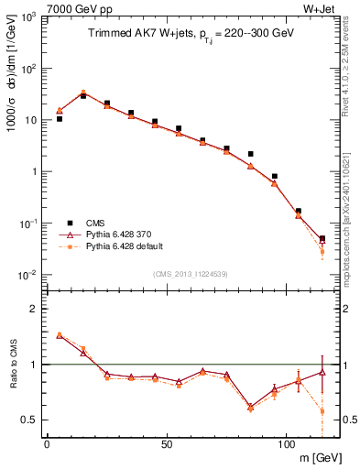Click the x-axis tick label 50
tap(166, 445)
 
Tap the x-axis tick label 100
tap(286, 445)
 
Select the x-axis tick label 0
tap(47, 445)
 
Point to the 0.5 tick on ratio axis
tap(31, 420)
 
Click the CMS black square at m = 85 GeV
tap(250, 154)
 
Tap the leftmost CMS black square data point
tap(60, 119)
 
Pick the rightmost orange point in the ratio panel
tap(322, 411)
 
